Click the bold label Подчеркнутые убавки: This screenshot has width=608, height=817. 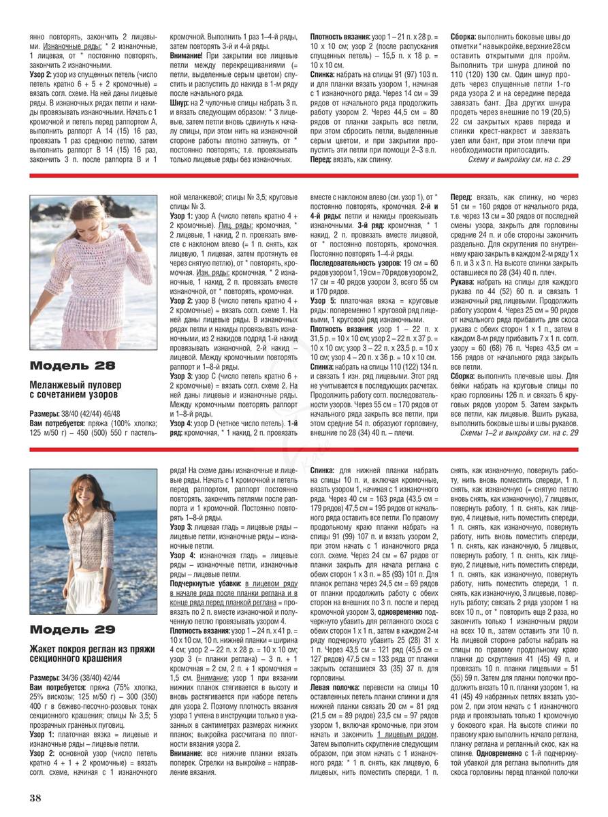[204, 583]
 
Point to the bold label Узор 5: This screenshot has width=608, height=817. [323, 300]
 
